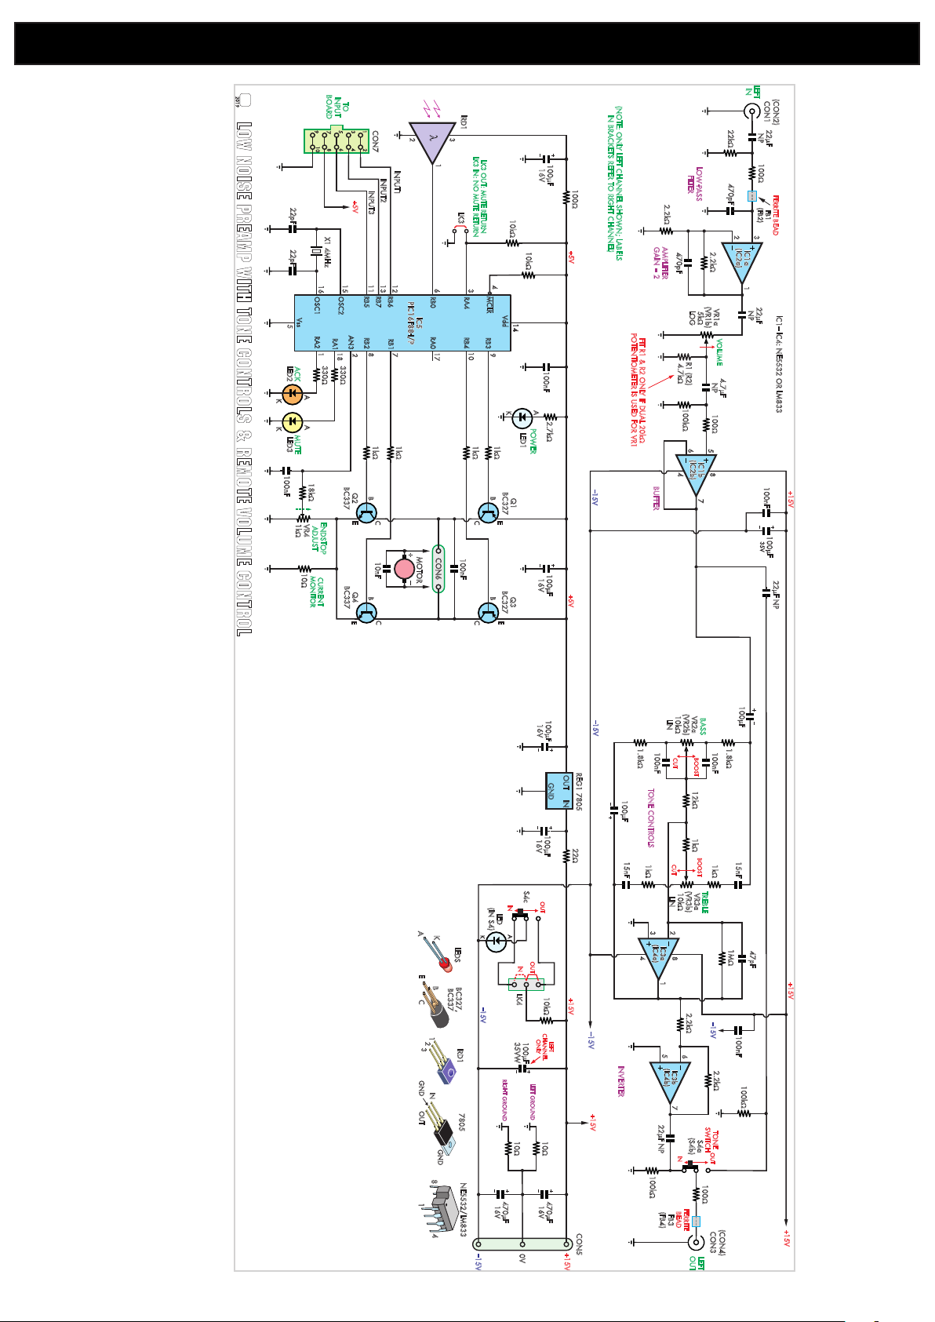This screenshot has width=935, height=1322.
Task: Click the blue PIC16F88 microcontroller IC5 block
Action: pos(402,322)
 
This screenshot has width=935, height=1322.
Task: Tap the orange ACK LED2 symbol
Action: pos(292,393)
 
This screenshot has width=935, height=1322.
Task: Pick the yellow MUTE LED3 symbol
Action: pos(292,422)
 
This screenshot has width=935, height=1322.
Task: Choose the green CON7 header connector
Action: pos(337,141)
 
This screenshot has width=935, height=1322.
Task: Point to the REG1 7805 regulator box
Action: pos(558,790)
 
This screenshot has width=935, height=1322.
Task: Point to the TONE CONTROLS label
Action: pos(650,818)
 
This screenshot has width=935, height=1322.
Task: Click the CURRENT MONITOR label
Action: pos(316,592)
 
